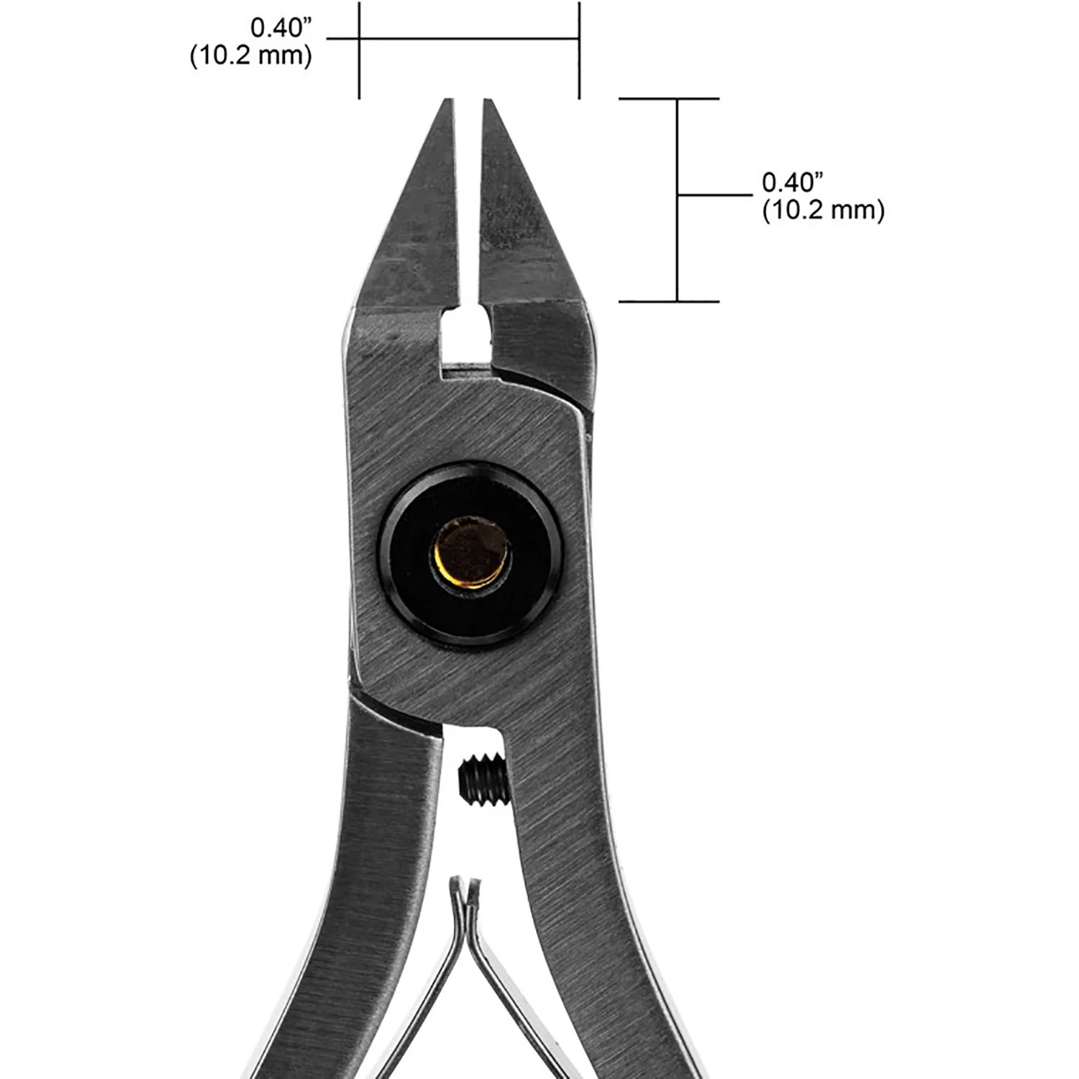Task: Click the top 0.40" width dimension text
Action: [281, 28]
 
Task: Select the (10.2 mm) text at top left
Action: [251, 55]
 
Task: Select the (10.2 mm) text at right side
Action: [824, 210]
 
